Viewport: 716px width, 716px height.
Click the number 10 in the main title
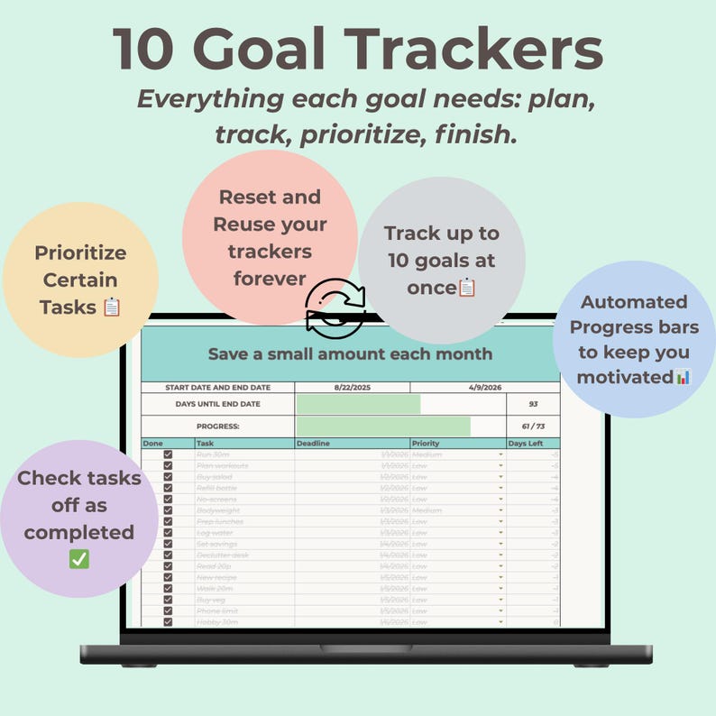[x=144, y=50]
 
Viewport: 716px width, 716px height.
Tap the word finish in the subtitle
[x=482, y=134]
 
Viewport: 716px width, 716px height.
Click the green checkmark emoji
[x=79, y=559]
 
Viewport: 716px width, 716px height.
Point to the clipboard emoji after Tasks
[x=111, y=308]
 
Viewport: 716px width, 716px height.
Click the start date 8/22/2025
[x=353, y=388]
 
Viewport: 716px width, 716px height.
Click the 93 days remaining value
[x=533, y=404]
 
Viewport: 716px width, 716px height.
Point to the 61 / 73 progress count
[x=533, y=427]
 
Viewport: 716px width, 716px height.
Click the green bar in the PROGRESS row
[x=383, y=427]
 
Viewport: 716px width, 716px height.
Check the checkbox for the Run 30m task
[x=168, y=454]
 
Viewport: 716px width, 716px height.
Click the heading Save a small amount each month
[x=350, y=354]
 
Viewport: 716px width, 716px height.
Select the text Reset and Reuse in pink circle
[x=270, y=210]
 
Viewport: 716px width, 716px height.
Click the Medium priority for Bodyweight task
[x=427, y=510]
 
